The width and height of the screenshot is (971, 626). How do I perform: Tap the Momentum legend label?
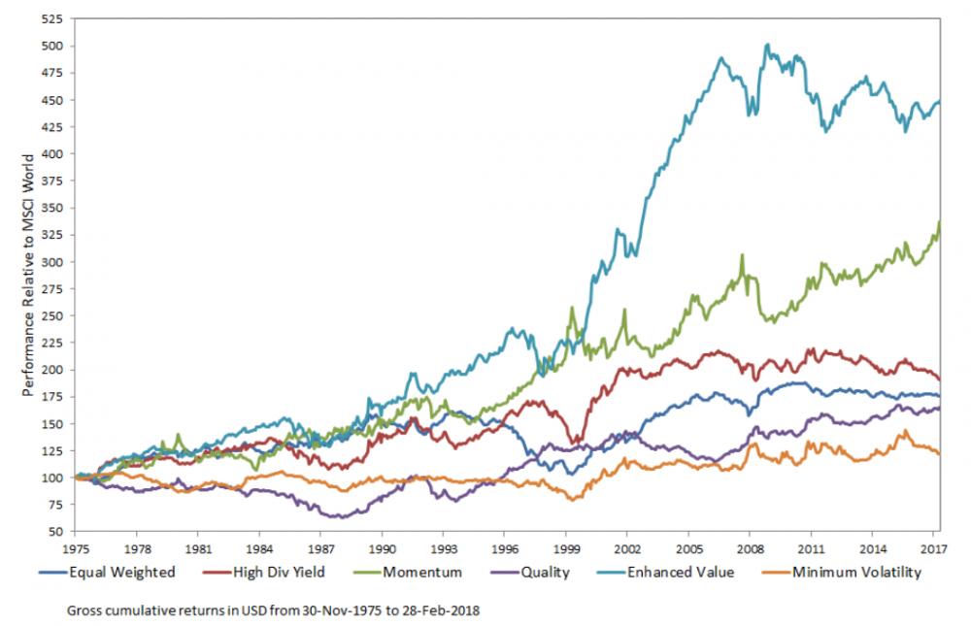(420, 573)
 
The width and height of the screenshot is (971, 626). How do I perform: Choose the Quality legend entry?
(545, 573)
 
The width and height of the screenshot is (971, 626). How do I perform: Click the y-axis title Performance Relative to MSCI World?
(29, 275)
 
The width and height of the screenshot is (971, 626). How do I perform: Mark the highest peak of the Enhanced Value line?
(767, 44)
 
